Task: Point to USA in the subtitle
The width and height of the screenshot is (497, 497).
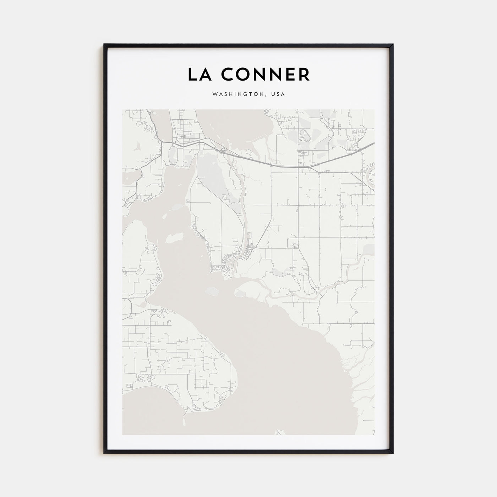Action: (278, 94)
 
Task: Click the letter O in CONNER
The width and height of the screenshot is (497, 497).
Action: (241, 74)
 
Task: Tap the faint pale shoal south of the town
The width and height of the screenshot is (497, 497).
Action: (212, 291)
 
